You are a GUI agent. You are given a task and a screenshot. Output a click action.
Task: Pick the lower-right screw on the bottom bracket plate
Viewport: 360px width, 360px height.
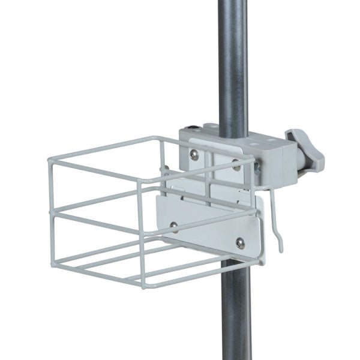tap(239, 242)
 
